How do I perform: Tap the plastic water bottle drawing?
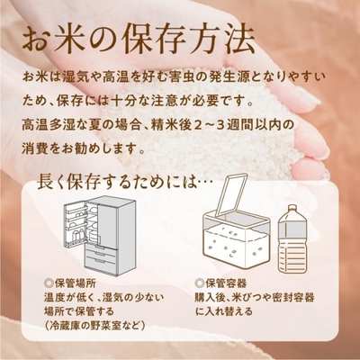coord(291,239)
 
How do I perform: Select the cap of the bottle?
coord(291,208)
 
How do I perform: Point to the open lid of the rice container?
coord(231,194)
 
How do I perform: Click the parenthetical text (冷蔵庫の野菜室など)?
coord(94,325)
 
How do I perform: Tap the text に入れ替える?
coord(224,311)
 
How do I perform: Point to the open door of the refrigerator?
coord(76,223)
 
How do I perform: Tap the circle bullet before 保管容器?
coord(199,283)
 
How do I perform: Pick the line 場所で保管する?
coord(79,311)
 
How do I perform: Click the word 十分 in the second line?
coord(121,101)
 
